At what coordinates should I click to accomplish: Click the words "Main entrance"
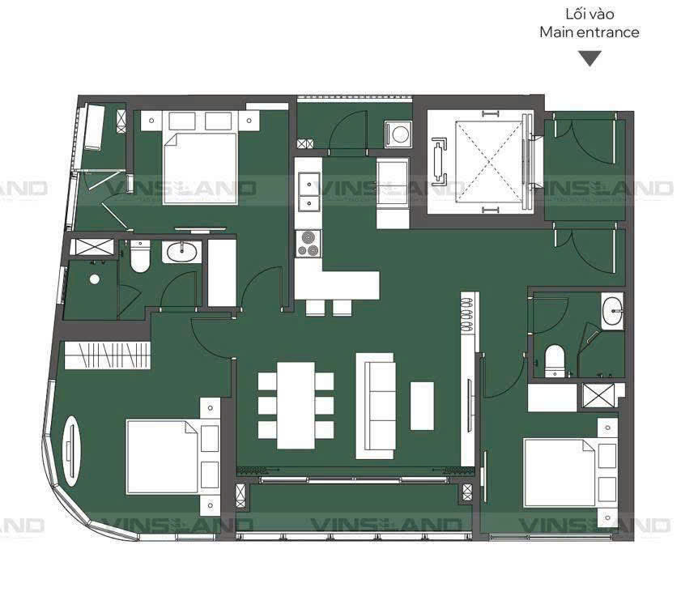[589, 32]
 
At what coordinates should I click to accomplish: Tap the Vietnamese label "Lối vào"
[589, 14]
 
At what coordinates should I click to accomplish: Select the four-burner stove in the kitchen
[308, 244]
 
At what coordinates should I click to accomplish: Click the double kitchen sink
[308, 191]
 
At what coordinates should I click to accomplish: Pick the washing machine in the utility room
[398, 134]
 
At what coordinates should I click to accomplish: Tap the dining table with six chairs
[296, 406]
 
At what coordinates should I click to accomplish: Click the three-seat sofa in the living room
[375, 406]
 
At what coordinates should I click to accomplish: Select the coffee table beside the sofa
[422, 406]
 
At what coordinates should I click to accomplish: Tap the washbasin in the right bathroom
[612, 311]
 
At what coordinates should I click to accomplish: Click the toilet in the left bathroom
[140, 257]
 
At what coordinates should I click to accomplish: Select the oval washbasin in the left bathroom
[181, 252]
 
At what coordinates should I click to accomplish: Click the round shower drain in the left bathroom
[95, 279]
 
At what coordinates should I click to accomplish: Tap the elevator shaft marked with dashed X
[489, 161]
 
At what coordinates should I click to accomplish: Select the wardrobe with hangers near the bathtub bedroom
[107, 355]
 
